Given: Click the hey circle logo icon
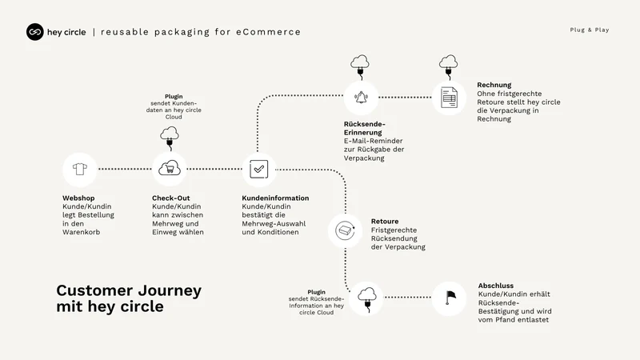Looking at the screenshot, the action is pos(35,32).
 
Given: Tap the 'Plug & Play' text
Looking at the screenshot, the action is pos(590,30).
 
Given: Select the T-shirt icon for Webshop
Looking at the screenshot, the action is pos(79,169).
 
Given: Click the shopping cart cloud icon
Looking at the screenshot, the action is pos(170,168).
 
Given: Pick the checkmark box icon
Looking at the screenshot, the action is pos(258,169).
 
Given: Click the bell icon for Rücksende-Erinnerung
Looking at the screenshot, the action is pos(361,98).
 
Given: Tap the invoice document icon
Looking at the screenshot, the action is pos(449,98).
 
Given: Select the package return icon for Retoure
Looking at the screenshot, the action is pos(346,230).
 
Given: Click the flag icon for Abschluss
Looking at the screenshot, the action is pos(450,298).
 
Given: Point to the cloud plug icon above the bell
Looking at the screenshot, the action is pos(360,66).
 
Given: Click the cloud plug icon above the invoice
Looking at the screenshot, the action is pos(449,66).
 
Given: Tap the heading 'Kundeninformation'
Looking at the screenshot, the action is pos(275,198).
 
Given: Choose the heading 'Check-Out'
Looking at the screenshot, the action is pos(171,198).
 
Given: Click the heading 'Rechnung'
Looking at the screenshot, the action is pos(494,85).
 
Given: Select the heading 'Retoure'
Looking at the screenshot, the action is pos(385,222).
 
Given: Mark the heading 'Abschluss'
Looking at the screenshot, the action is pos(496,286).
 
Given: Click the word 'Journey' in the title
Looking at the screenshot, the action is pos(170,291).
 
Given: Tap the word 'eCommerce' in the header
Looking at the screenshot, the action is pos(268,32).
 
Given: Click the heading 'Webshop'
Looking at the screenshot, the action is pos(78,198).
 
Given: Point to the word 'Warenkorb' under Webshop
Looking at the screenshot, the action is pos(82,232).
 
